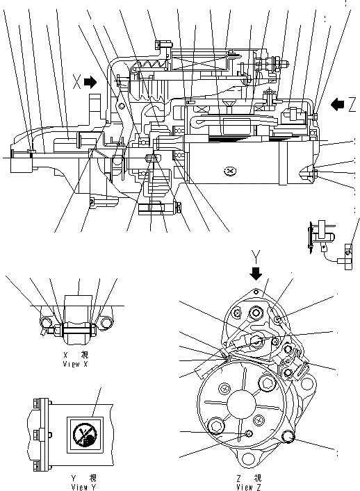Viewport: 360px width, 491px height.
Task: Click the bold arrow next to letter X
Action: tap(90, 82)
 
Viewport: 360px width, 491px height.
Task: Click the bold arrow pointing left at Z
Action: tap(337, 104)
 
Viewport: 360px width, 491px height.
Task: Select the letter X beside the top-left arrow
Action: tap(77, 82)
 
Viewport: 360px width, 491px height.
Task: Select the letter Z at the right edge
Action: tap(352, 104)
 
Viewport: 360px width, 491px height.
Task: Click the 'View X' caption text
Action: tap(76, 363)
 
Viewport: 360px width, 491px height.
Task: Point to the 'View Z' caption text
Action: tap(249, 487)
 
